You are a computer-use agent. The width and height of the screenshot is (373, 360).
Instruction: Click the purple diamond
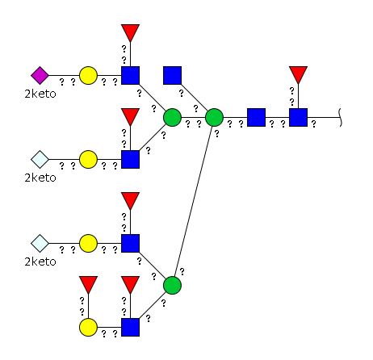[40, 75]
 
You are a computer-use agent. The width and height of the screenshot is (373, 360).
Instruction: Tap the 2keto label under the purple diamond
[40, 94]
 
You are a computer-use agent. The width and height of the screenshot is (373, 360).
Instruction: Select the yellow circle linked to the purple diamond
[88, 75]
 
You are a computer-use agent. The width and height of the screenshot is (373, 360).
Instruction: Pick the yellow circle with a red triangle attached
[88, 327]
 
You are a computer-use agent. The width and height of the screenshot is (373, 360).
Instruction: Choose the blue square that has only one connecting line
[172, 75]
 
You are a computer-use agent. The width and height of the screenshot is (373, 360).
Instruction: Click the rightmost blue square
[298, 117]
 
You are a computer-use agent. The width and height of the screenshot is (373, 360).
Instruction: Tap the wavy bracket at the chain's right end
[340, 117]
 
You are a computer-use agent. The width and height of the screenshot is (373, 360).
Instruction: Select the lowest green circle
[172, 285]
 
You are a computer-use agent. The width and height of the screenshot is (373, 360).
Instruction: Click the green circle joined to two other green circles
[214, 117]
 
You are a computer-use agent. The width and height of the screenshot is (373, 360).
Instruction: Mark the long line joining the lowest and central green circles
[193, 201]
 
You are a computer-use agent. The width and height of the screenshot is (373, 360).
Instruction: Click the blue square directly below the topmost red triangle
[130, 75]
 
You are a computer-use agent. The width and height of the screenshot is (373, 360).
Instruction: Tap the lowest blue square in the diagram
[130, 327]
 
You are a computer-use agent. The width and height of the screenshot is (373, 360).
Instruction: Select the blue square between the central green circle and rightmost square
[256, 117]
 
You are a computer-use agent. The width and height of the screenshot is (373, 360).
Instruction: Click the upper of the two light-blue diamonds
[40, 159]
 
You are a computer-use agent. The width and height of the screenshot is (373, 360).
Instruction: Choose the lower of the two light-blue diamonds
[40, 243]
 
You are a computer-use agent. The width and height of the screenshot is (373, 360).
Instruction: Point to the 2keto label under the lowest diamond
[40, 262]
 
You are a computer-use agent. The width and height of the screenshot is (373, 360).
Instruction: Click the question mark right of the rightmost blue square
[313, 124]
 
